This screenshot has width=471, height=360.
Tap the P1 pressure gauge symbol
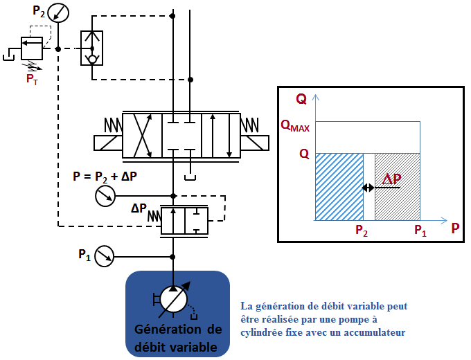point(104,256)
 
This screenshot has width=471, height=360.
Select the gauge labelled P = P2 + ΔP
point(104,197)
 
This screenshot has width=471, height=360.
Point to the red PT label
point(32,80)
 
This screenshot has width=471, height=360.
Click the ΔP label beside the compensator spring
point(139,208)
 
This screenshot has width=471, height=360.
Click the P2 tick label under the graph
point(362,231)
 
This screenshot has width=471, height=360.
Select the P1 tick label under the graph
point(420,231)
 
